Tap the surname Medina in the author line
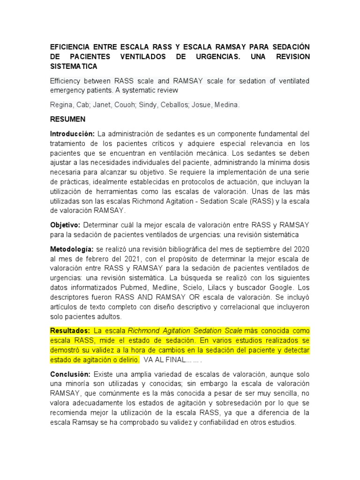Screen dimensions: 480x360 tap(227, 105)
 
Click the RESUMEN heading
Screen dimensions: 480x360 tap(67, 120)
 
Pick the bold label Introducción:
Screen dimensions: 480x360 tap(73, 134)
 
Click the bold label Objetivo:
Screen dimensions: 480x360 tap(66, 225)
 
